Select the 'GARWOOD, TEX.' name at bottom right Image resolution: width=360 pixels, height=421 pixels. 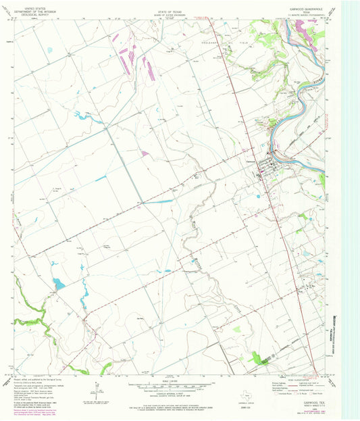coord(311,400)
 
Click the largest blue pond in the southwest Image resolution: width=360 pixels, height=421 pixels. coord(59,284)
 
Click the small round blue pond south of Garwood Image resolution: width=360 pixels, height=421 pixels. coord(257,197)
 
